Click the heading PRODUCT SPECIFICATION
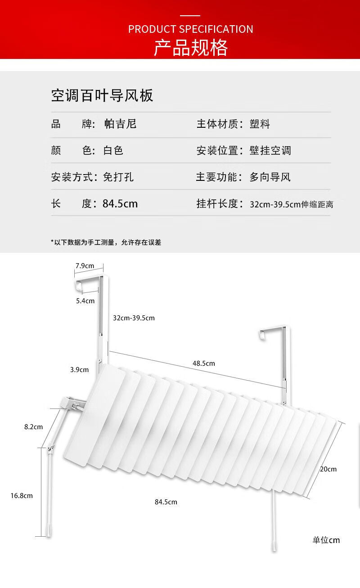[190, 29]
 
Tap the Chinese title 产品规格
[191, 47]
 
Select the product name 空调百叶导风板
[102, 95]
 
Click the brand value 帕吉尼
[120, 124]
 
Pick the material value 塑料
[260, 124]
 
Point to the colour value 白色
[113, 150]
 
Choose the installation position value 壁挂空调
[270, 150]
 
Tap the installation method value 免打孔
[118, 177]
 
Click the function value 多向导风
[270, 177]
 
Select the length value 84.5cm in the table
[120, 203]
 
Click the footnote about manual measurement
[106, 242]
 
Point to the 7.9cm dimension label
[85, 266]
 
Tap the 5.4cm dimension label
[85, 301]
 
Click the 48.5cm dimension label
[204, 363]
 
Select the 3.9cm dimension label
[79, 370]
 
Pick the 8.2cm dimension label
[33, 426]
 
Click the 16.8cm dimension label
[22, 495]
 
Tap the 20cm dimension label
[328, 469]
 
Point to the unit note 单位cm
[326, 540]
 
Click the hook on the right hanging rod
[263, 333]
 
